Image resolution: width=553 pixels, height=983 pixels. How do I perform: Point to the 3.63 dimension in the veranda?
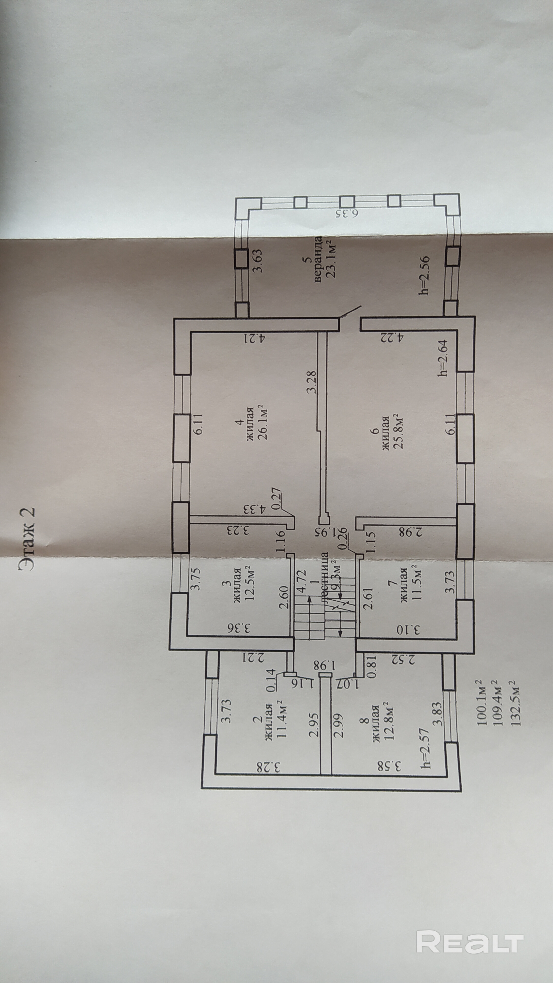(259, 261)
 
